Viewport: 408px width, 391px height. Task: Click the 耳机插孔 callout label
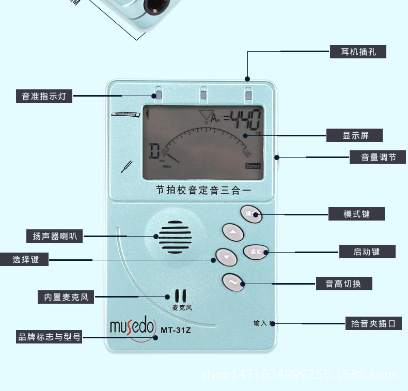358,52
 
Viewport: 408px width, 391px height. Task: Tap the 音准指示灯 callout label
44,96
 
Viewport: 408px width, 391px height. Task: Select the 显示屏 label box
355,136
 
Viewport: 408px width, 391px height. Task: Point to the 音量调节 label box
379,157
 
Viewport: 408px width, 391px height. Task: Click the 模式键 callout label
356,213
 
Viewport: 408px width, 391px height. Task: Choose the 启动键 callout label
367,252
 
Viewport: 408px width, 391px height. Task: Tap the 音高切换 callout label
344,284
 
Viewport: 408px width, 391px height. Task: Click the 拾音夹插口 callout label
373,324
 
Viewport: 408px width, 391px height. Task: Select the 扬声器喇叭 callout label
54,237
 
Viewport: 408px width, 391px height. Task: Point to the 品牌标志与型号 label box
50,337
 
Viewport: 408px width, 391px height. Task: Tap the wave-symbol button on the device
233,282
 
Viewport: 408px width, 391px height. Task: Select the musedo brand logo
132,326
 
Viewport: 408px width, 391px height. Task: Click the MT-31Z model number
176,330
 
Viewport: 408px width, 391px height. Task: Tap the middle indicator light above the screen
203,93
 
